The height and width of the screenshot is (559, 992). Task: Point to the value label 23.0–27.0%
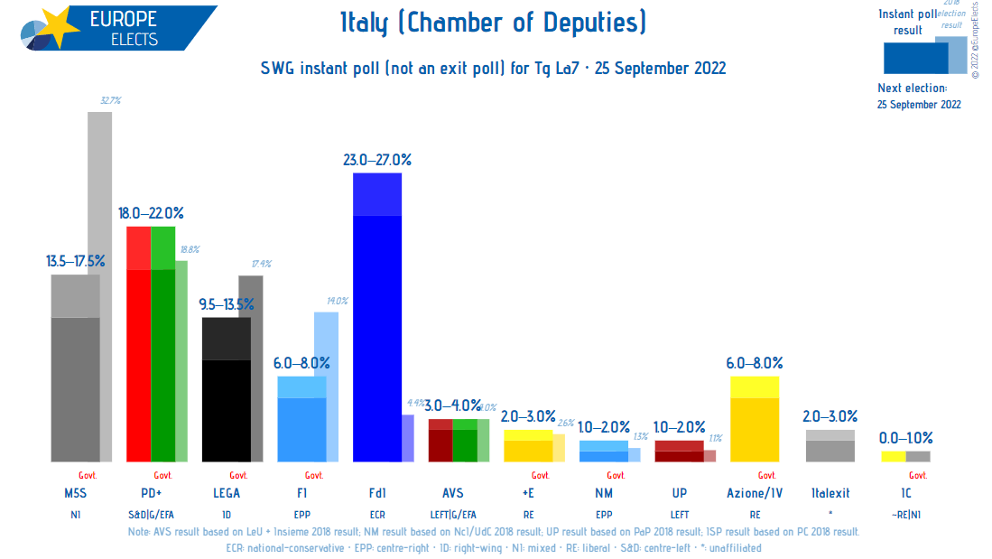point(376,160)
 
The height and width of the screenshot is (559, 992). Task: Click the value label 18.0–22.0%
point(151,213)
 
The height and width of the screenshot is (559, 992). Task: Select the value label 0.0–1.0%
point(905,437)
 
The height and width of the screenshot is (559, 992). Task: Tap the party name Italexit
point(830,493)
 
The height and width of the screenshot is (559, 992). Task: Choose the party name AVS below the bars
point(452,493)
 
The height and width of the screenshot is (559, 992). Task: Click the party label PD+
point(151,493)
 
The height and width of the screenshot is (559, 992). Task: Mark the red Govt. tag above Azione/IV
point(765,475)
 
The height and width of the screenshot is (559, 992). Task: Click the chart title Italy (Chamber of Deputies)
point(493,23)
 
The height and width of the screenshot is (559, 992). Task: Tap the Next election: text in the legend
point(912,89)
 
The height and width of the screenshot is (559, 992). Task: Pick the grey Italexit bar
point(830,446)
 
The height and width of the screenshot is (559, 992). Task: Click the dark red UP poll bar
point(679,452)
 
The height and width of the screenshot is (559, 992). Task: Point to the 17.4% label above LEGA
point(262,264)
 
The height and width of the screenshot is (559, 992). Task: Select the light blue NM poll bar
point(603,452)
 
